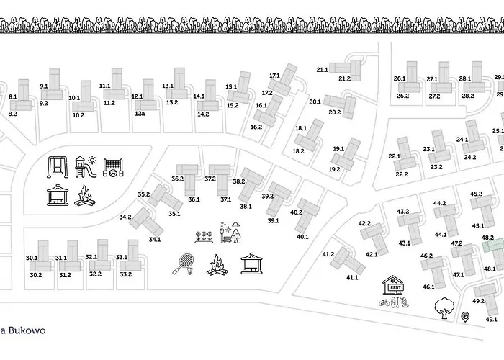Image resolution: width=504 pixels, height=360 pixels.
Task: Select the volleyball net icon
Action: pos(114,167)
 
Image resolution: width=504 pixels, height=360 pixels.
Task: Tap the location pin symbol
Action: pos(465,316)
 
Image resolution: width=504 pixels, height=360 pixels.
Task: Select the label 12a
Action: pos(140,113)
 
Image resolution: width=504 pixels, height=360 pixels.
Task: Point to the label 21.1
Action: pos(322,69)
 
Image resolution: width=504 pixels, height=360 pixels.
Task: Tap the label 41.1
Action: pos(352,277)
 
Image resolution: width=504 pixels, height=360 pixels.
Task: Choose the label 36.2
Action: pos(178,179)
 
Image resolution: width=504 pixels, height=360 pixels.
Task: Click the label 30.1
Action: pos(32,257)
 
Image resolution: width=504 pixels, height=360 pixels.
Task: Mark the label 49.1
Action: pos(492,319)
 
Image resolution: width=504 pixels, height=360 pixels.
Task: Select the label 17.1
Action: pos(274,76)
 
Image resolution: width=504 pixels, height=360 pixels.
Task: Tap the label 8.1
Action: pos(13,96)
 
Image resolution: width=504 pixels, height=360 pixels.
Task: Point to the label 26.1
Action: pos(400,78)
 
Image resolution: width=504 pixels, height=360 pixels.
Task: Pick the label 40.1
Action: pos(302,236)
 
